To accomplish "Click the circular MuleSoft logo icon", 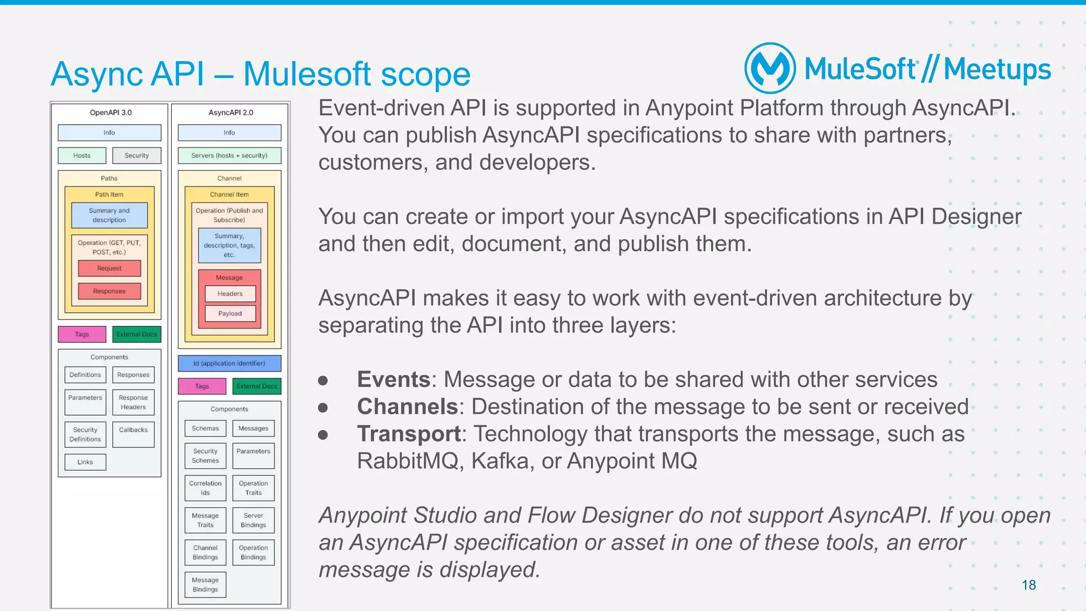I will click(x=770, y=68).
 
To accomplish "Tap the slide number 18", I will click(x=1028, y=585).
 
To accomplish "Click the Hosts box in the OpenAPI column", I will click(x=82, y=155).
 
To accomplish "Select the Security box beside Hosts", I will click(x=136, y=155).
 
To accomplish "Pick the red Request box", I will click(x=109, y=268).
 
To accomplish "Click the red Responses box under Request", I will click(x=109, y=291).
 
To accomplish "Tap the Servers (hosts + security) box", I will click(x=229, y=155).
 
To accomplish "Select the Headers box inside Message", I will click(x=230, y=294).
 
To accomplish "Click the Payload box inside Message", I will click(x=230, y=313).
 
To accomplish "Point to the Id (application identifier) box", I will click(x=229, y=363).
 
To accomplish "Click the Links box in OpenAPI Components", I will click(x=85, y=462).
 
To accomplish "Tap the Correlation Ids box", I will click(x=205, y=488).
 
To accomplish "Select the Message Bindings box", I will click(x=205, y=585).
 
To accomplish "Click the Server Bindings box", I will click(x=253, y=520).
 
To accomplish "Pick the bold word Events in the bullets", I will click(x=393, y=379).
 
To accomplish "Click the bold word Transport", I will click(x=409, y=433).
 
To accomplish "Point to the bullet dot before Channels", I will click(x=323, y=407).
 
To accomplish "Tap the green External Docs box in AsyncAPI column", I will click(x=257, y=386).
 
